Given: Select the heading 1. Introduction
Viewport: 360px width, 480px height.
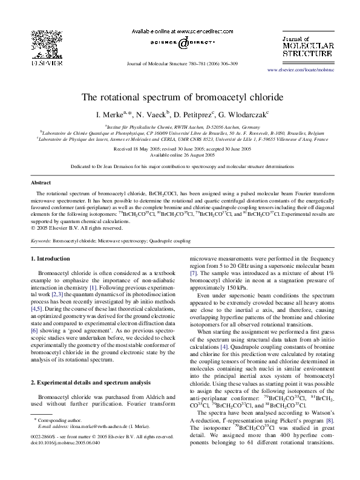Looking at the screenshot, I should pyautogui.click(x=53, y=258).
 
